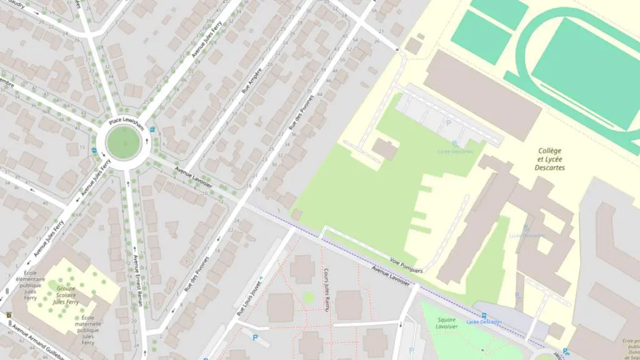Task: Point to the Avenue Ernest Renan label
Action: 137,281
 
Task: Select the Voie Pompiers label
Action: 406,266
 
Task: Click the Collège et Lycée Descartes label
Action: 550,159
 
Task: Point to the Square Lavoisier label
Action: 446,323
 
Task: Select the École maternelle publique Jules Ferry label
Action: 87,330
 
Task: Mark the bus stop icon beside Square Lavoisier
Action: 484,316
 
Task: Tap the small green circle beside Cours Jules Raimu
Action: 308,297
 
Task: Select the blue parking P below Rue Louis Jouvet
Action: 255,338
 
